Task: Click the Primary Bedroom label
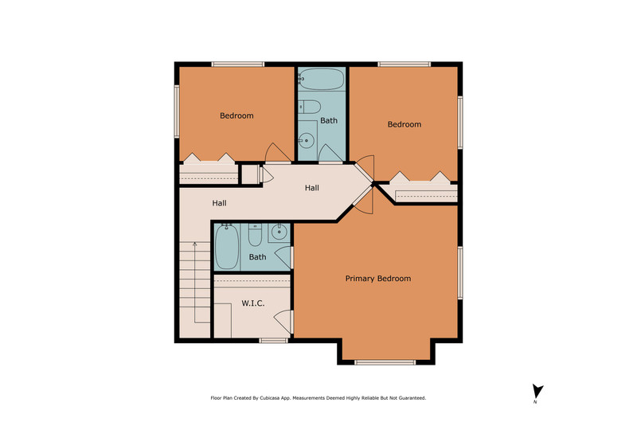377,279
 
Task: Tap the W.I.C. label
253,303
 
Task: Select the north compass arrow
537,392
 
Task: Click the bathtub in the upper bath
322,79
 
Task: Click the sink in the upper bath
307,141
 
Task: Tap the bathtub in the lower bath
227,247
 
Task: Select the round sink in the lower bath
279,232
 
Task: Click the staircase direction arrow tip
195,243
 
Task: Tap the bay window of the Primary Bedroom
385,362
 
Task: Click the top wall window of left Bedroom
238,64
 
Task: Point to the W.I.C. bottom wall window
273,340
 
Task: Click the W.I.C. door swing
283,321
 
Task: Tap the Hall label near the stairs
220,203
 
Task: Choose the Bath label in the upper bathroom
329,121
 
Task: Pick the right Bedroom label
404,124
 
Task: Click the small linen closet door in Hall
266,174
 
